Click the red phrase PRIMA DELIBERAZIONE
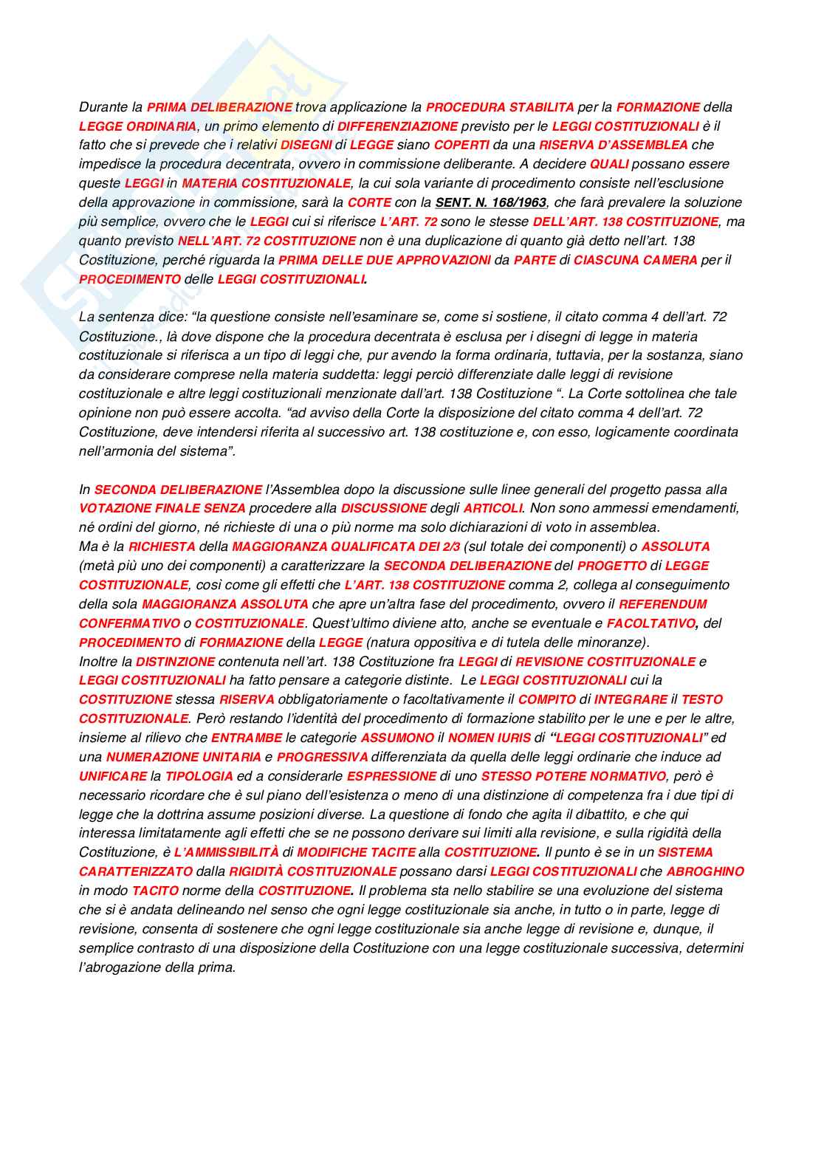click(x=219, y=107)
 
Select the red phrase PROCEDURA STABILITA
click(x=500, y=107)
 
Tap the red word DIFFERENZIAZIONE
click(x=397, y=126)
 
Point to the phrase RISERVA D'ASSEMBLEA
click(x=613, y=145)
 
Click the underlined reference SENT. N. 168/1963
click(x=490, y=202)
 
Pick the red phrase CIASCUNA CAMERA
click(x=635, y=260)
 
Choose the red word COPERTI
click(x=461, y=145)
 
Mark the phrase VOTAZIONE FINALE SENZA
click(x=162, y=508)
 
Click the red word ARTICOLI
click(x=492, y=508)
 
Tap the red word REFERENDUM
click(x=662, y=604)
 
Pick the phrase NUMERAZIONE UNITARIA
click(x=183, y=757)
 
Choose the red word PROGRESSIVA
click(x=322, y=757)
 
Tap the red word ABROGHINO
click(x=705, y=871)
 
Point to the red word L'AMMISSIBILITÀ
click(x=226, y=852)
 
